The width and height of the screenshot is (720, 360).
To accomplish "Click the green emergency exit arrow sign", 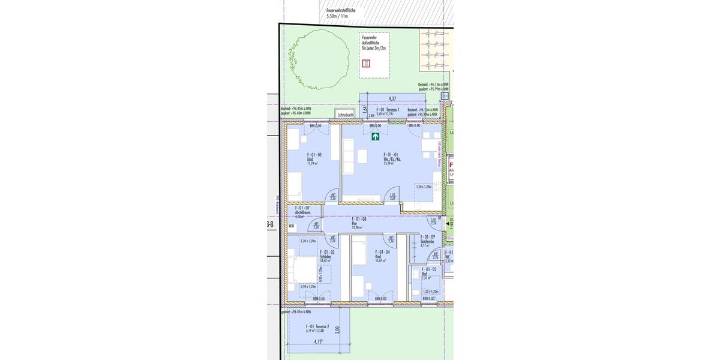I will coord(375,137).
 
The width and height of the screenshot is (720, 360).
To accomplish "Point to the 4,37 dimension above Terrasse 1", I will coord(392,98).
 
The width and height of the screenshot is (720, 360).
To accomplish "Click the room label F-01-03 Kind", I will coord(314,158).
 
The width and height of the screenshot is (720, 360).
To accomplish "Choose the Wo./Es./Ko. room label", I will coord(392,158).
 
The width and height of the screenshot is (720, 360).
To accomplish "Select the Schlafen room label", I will coord(328,256).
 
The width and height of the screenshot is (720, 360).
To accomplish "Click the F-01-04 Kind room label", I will coord(383,256).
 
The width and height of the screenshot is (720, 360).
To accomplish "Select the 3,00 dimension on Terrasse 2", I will coord(338,329).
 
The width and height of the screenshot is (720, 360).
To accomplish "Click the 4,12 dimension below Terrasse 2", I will coord(319,342).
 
